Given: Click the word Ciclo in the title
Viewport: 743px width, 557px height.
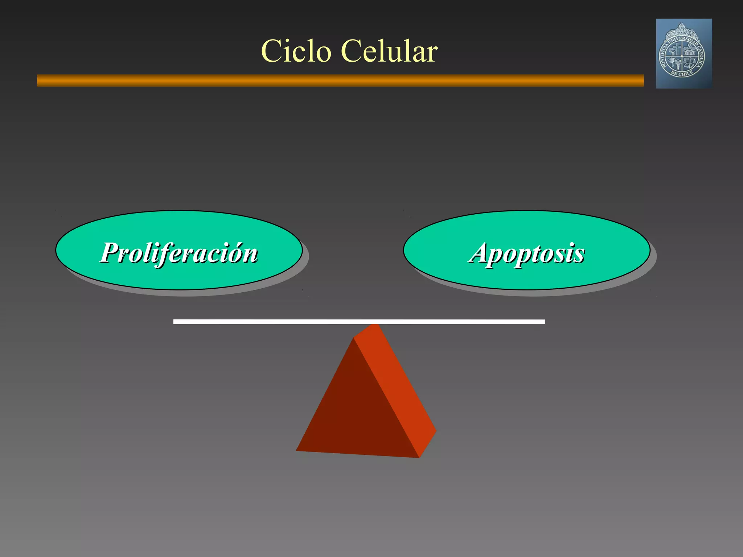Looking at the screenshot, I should click(x=296, y=51).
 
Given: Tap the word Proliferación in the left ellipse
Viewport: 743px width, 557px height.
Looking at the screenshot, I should click(x=179, y=253).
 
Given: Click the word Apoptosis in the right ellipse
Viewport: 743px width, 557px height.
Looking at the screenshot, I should click(x=526, y=253).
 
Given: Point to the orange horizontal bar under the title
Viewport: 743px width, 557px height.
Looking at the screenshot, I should click(x=340, y=81).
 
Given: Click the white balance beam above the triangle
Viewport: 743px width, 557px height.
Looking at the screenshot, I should click(x=359, y=322).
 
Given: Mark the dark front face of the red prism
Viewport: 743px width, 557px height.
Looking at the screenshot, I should click(x=356, y=410).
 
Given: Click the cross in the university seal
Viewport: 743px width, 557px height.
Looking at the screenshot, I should click(x=677, y=48).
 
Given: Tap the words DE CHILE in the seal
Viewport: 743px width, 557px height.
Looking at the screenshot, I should click(x=682, y=73).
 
